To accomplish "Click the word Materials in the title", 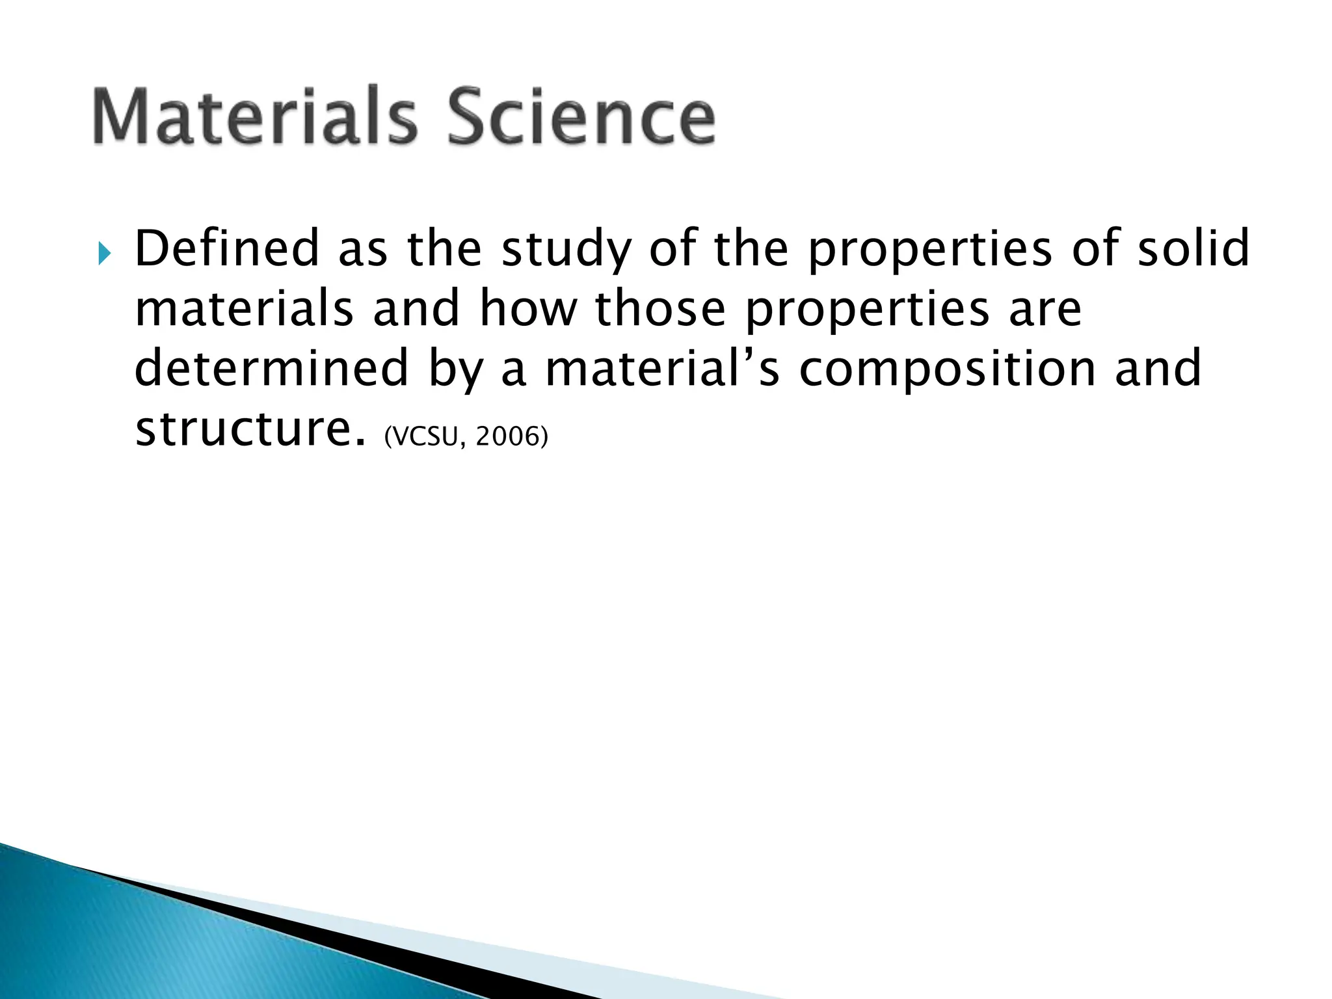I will (254, 116).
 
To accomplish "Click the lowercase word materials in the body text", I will (244, 308).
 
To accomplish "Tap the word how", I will (527, 308).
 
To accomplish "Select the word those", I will (660, 308).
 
